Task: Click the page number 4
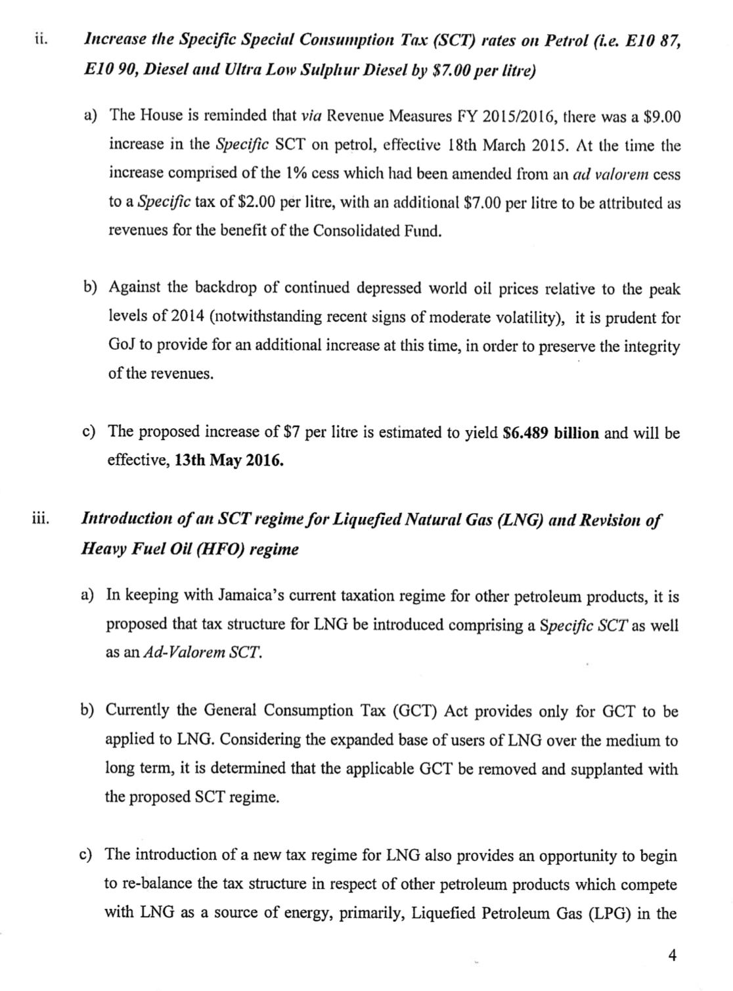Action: [x=671, y=955]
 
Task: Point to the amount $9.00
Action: [x=661, y=117]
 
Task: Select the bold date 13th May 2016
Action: [x=229, y=460]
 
